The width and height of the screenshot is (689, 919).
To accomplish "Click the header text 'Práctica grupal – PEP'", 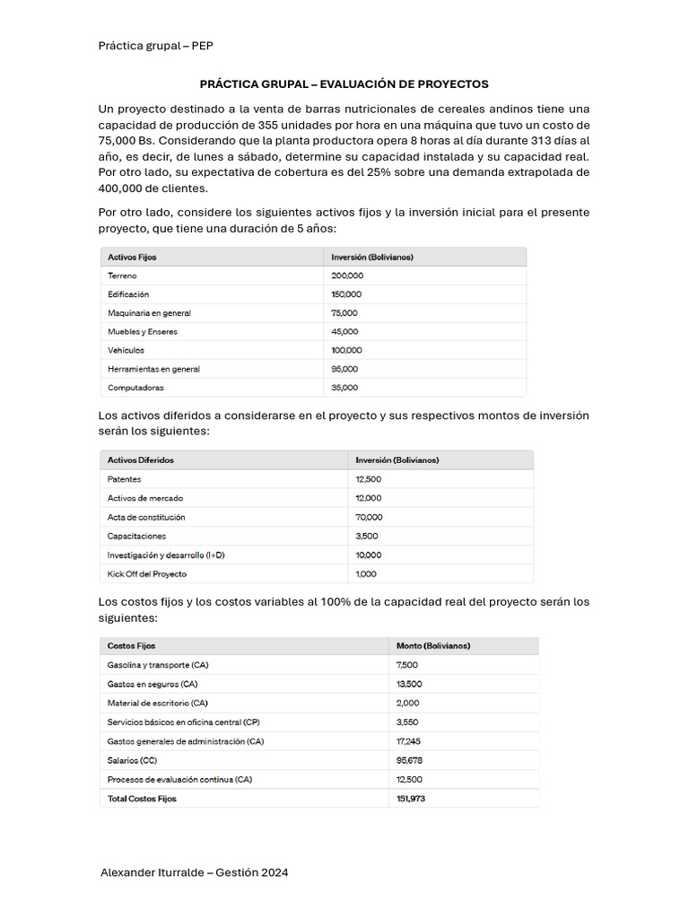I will point(155,46).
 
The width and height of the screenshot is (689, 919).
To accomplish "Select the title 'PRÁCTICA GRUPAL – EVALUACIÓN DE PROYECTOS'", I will point(344,84).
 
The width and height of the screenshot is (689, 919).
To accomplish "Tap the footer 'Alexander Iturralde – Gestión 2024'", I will point(195,872).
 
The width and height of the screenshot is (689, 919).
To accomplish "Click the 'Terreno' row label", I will point(122,276).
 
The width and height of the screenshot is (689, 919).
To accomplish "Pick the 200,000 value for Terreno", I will point(347,276).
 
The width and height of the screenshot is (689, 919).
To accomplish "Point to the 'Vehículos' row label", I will point(126,350).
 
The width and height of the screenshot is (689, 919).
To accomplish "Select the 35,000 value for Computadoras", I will point(344,388).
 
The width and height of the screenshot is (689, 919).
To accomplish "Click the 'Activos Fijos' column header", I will point(132,257).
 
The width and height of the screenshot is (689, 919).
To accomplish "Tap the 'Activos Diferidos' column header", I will point(141,460).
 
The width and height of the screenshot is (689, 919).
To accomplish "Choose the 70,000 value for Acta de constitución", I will point(369,517).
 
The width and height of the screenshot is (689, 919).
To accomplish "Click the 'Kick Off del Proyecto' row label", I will point(147,573).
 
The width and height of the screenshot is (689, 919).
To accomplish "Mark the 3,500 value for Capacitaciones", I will point(366,536).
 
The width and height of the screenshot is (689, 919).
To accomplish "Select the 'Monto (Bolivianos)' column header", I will point(433,645).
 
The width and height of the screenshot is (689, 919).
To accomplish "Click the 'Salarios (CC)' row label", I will point(132,760).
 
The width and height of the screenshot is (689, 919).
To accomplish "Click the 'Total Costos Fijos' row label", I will point(142,799).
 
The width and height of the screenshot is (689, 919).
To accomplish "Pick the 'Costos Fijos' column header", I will point(131,645).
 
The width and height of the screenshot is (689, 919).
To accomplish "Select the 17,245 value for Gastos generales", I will point(408,741).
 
